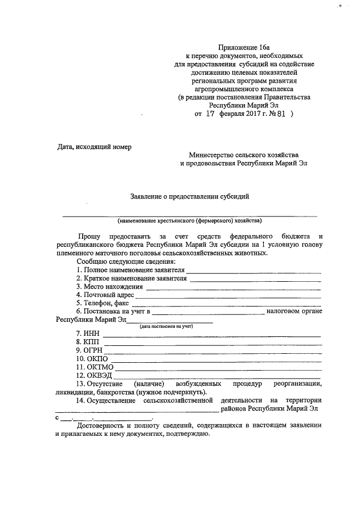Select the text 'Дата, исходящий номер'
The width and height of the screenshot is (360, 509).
tap(94, 147)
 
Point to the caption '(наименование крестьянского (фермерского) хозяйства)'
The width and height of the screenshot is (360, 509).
tap(189, 220)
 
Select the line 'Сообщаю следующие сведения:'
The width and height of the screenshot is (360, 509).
tap(127, 262)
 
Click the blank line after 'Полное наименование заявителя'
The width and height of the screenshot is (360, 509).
tap(254, 272)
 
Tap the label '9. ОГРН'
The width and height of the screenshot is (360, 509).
tap(90, 350)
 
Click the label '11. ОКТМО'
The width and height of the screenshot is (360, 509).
tap(95, 367)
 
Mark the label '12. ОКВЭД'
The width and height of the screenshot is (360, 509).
tap(95, 375)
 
